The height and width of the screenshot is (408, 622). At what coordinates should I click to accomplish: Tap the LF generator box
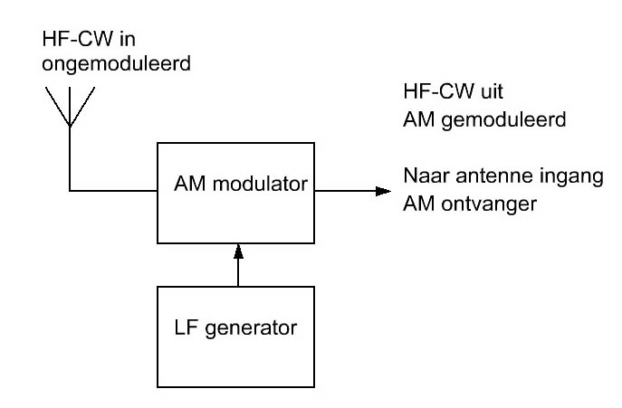coord(238,336)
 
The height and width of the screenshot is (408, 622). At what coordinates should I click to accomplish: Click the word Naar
coord(423,176)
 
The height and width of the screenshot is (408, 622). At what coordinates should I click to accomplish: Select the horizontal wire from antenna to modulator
coord(113,190)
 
